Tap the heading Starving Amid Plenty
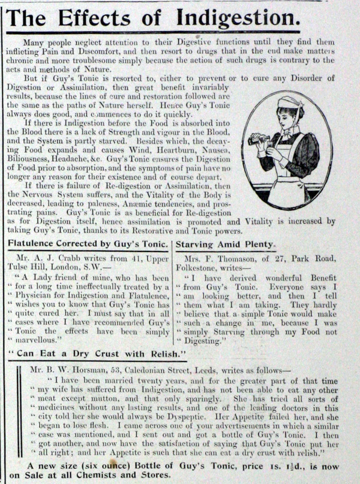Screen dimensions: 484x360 [225, 244]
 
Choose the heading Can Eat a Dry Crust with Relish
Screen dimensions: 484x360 [98, 354]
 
